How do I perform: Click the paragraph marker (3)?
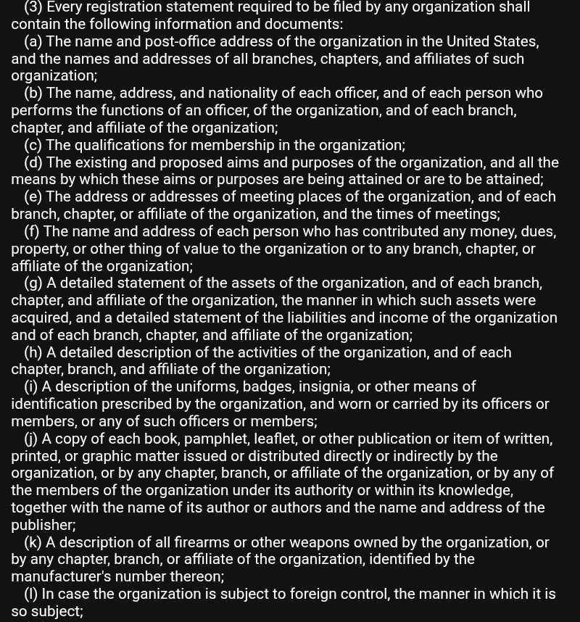(34, 7)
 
